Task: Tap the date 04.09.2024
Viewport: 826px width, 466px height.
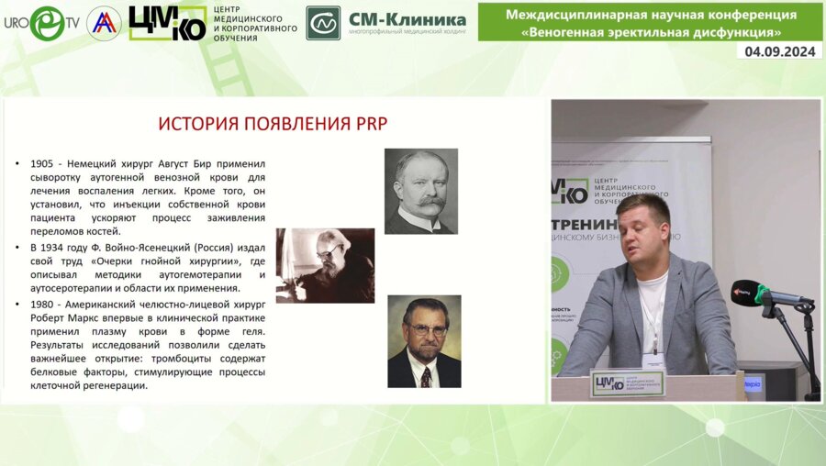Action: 779,51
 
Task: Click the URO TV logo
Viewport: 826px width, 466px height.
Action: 41,22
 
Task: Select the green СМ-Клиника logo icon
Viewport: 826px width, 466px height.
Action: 323,22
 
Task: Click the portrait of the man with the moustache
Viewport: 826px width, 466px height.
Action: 421,191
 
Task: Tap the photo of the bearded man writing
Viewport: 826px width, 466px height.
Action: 325,265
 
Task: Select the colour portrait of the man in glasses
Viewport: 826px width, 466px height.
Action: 424,340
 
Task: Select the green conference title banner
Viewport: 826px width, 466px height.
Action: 650,22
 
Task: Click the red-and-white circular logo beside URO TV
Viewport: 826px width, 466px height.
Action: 104,23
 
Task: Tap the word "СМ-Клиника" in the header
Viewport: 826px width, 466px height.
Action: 407,18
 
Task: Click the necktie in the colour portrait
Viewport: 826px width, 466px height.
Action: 426,375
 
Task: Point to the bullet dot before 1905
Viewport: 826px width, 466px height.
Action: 17,164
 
